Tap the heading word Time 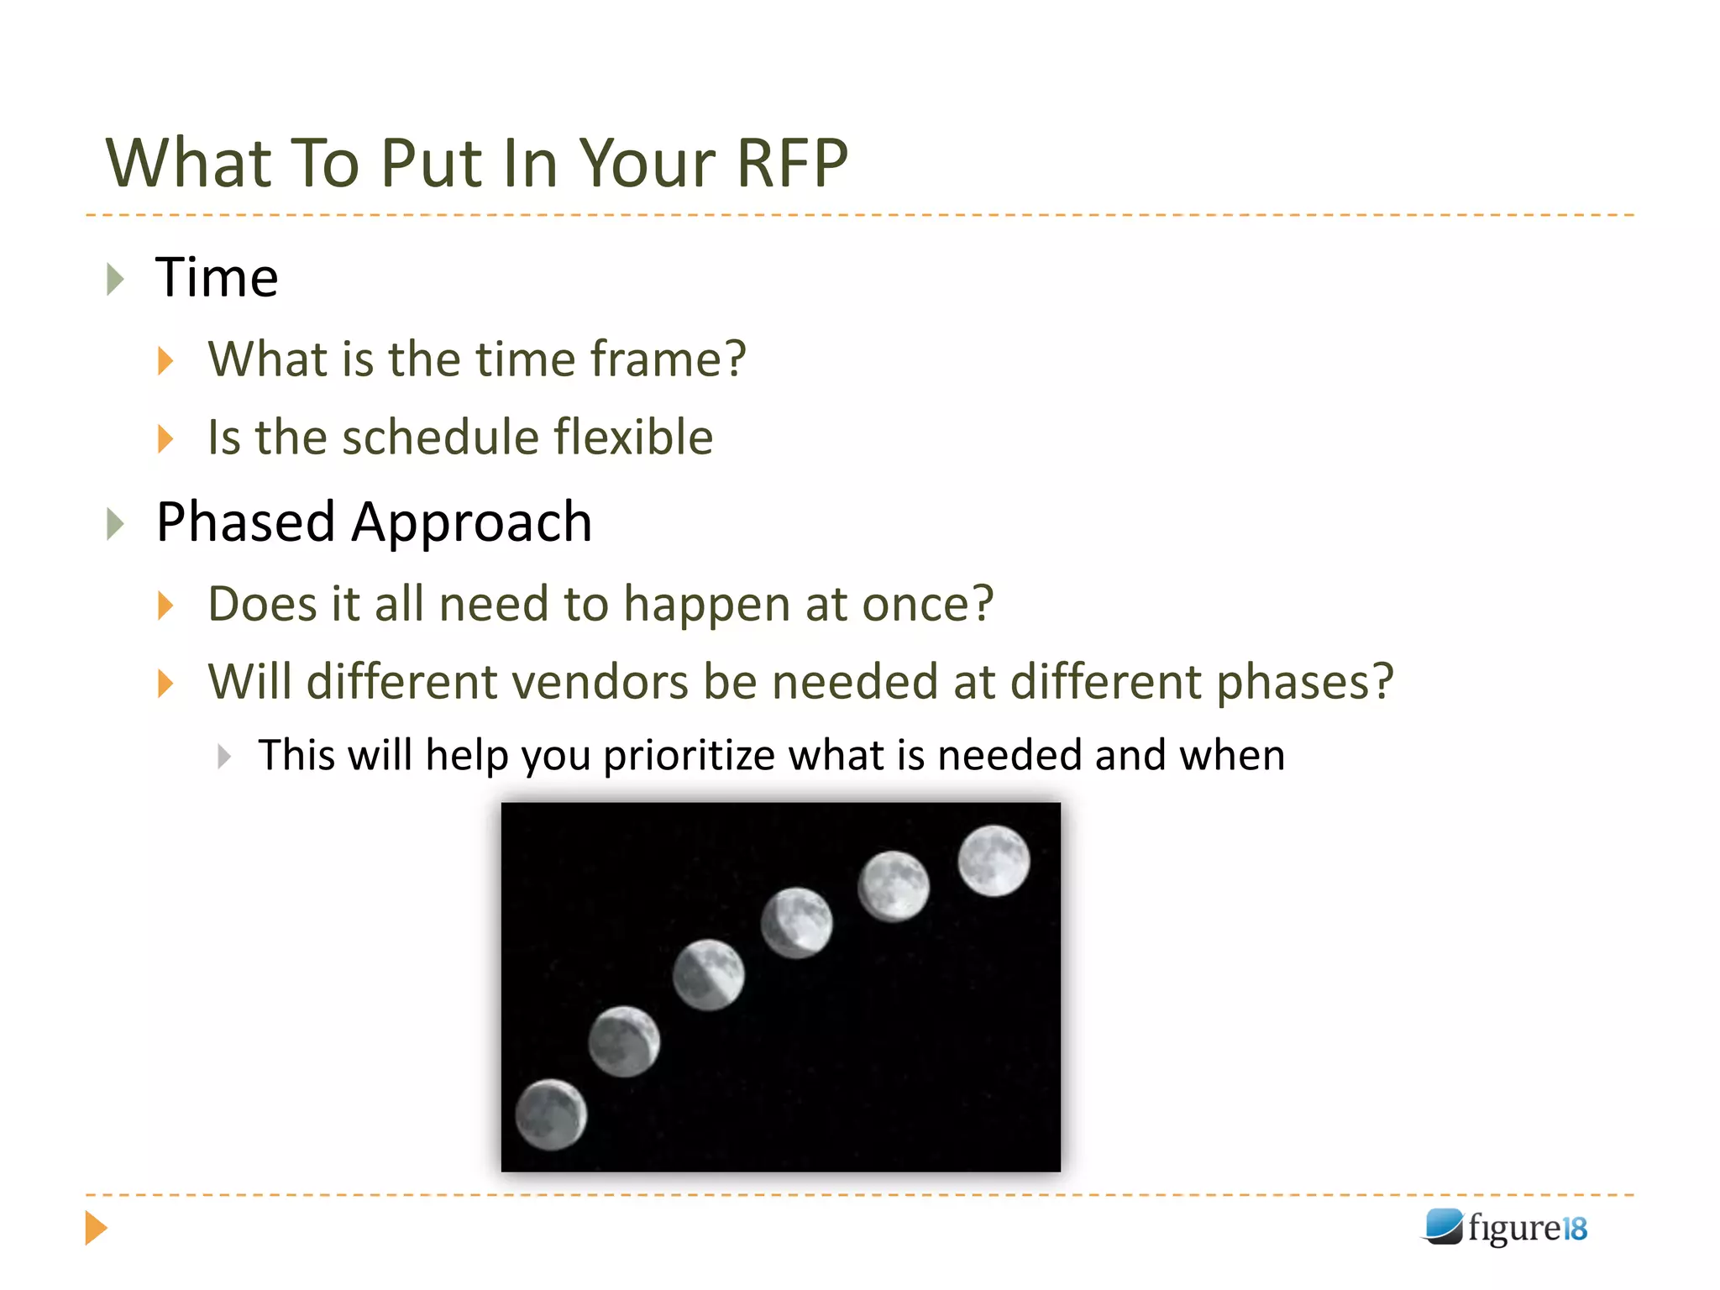pyautogui.click(x=217, y=278)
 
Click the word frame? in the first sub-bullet pyautogui.click(x=668, y=359)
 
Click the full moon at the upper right pyautogui.click(x=994, y=861)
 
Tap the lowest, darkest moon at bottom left pyautogui.click(x=551, y=1114)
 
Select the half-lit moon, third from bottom pyautogui.click(x=708, y=974)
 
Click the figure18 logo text pyautogui.click(x=1527, y=1228)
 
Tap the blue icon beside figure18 pyautogui.click(x=1444, y=1226)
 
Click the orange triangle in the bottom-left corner pyautogui.click(x=96, y=1228)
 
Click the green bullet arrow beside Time pyautogui.click(x=116, y=279)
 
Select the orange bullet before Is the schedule pyautogui.click(x=165, y=438)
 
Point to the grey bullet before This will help pyautogui.click(x=223, y=756)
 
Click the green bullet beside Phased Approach pyautogui.click(x=116, y=524)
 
